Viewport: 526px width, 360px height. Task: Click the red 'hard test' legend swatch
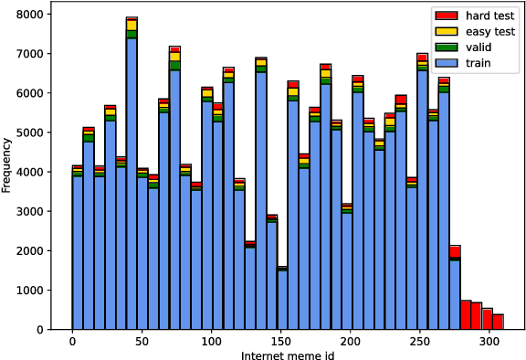coord(445,16)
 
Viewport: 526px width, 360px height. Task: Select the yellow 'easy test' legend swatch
coord(445,31)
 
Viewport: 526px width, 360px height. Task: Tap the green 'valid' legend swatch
coord(445,46)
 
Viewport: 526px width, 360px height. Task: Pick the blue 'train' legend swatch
coord(445,61)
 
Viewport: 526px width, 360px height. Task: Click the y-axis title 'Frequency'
coord(7,164)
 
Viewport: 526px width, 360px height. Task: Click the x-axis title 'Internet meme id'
coord(281,353)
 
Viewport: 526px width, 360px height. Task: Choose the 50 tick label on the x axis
coord(142,340)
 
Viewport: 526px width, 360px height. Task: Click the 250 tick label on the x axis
coord(420,340)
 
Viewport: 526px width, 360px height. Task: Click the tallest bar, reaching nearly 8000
coord(131,183)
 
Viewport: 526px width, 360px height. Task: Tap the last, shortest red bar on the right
coord(498,322)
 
